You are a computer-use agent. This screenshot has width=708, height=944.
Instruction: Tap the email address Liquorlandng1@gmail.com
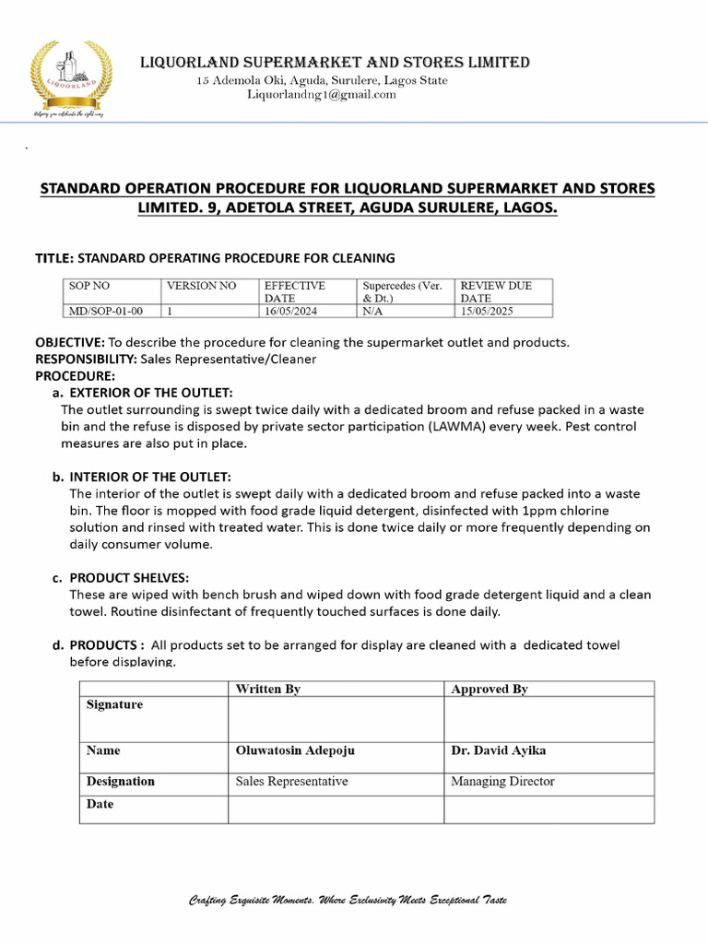321,94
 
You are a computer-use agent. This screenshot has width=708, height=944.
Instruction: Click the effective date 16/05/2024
290,312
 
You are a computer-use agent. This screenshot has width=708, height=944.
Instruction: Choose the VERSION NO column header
201,286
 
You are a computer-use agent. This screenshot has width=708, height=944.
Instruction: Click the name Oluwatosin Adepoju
295,750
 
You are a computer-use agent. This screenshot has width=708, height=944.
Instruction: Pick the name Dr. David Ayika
498,750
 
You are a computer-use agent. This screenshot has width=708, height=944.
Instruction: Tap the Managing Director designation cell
502,781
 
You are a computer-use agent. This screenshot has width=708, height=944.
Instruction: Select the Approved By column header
489,689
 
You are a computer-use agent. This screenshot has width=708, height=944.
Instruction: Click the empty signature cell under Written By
336,719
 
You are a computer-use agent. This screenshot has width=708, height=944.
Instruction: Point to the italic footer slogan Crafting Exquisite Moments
348,900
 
